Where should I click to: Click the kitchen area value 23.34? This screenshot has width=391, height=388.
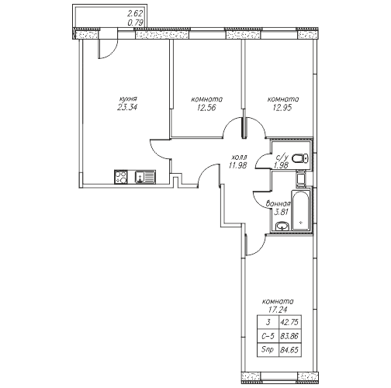[127, 107]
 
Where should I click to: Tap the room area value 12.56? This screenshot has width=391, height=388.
[206, 108]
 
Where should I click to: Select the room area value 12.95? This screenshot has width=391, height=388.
[282, 108]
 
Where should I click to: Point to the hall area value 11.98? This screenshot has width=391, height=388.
[237, 165]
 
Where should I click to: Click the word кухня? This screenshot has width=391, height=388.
[128, 99]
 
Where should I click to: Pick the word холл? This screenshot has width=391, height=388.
[240, 158]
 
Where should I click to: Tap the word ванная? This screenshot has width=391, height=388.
[279, 204]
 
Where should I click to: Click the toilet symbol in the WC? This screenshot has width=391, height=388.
[300, 158]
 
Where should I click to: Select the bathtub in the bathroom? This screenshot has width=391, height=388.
[300, 210]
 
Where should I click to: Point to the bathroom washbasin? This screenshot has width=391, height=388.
[282, 226]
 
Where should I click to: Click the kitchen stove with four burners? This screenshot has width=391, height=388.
[121, 177]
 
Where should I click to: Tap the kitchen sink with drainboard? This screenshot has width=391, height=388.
[145, 177]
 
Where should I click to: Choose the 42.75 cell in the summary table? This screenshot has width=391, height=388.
[289, 322]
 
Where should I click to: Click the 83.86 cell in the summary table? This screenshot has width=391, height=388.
[289, 336]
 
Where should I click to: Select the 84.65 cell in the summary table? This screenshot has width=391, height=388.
[289, 350]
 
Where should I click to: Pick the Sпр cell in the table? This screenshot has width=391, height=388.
[268, 350]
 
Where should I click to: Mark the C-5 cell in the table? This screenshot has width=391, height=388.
[268, 336]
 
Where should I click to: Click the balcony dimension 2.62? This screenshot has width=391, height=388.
[135, 13]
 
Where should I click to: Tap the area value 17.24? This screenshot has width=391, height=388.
[278, 310]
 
